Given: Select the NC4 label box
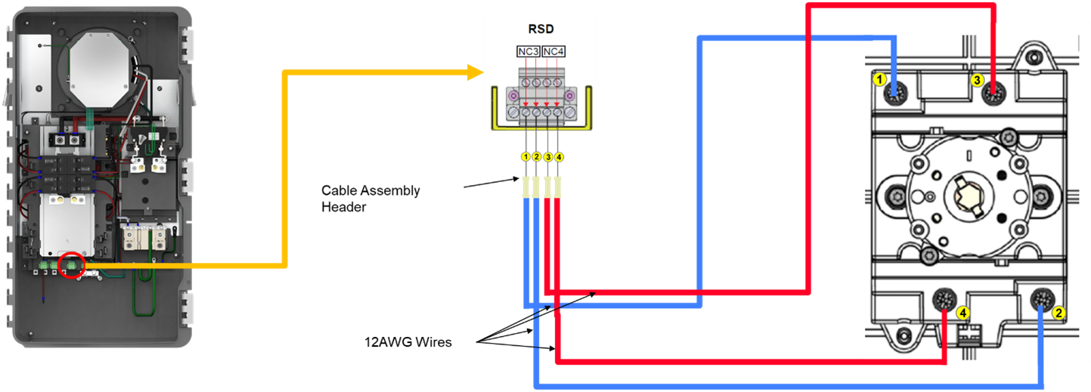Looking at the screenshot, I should (554, 51).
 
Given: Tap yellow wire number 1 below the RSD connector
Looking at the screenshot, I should (525, 157).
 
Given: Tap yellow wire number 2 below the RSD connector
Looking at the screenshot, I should (536, 157).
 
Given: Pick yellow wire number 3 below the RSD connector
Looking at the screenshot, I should (547, 157).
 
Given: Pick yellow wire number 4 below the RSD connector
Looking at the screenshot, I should (558, 157).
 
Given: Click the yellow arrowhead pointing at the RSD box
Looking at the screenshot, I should (475, 73).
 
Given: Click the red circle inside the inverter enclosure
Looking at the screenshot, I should (72, 265).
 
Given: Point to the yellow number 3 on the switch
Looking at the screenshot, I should (977, 79).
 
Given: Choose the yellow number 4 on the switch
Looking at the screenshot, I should (962, 311).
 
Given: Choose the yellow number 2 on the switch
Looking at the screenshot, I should (1058, 311).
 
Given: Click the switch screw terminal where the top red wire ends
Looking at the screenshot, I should (993, 94).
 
